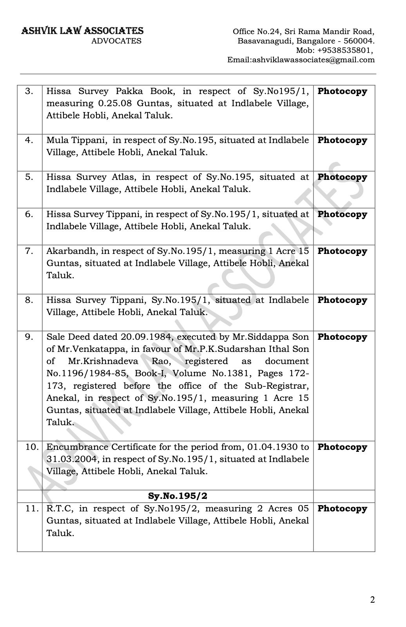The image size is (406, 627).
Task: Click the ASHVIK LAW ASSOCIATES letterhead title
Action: (x=82, y=31)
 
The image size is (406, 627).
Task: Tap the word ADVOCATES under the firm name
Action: (x=116, y=41)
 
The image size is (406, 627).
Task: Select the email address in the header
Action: (x=301, y=60)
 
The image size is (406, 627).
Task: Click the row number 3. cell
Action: (x=29, y=92)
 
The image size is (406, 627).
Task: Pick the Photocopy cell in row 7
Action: (x=342, y=252)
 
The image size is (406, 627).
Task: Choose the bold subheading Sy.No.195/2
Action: (x=178, y=496)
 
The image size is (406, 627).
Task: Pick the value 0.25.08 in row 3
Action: (x=111, y=104)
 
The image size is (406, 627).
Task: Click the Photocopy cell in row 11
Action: (x=342, y=509)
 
